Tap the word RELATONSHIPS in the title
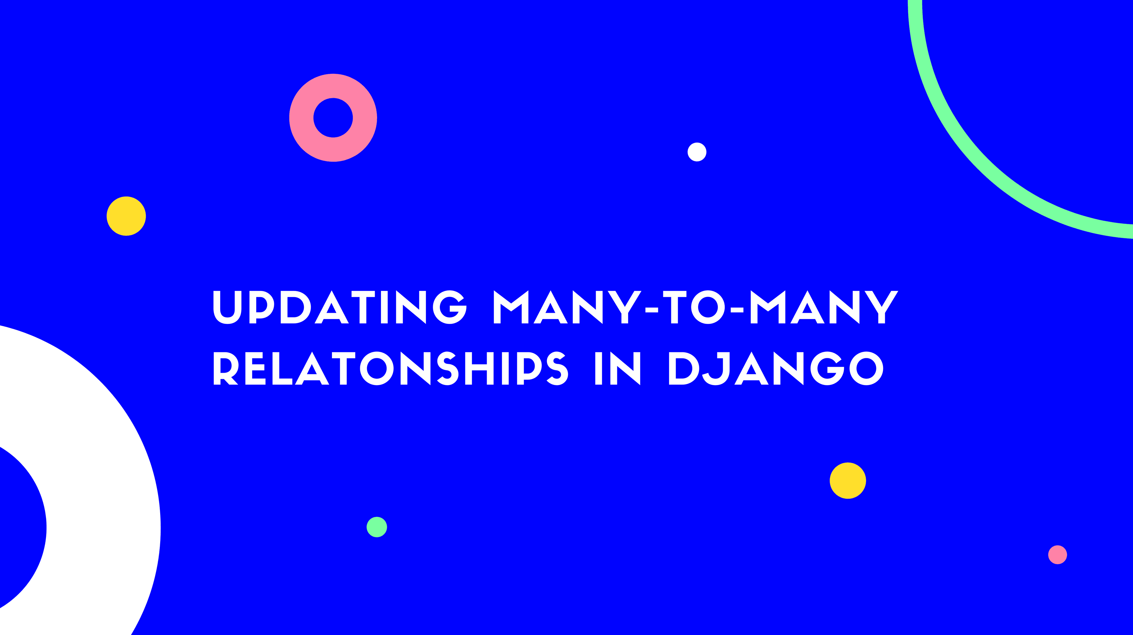[x=391, y=368]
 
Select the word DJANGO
[x=776, y=368]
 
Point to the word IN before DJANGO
[x=618, y=368]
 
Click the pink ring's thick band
[x=301, y=118]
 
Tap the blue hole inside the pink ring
[x=333, y=118]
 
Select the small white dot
[x=697, y=152]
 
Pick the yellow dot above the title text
[x=126, y=216]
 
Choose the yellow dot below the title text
[x=848, y=481]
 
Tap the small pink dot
[x=1057, y=554]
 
